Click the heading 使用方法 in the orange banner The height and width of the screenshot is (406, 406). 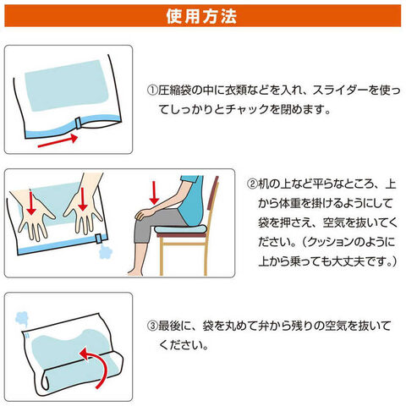click(201, 16)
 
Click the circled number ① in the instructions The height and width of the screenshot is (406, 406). click(152, 90)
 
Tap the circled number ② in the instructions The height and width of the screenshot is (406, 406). click(252, 184)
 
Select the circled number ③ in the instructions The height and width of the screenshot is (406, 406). click(152, 326)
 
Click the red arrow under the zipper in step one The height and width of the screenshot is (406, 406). click(58, 140)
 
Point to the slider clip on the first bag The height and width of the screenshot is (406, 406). click(78, 123)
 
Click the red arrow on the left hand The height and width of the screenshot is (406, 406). click(31, 201)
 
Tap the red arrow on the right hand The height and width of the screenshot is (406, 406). click(83, 199)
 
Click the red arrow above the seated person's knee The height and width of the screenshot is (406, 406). click(154, 193)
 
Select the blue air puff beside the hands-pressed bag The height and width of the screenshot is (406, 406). click(106, 252)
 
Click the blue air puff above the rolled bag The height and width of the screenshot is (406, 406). click(22, 319)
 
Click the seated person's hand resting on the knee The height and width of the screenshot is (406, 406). click(142, 213)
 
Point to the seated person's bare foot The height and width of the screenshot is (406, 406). click(134, 272)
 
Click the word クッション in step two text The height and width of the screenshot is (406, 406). click(329, 242)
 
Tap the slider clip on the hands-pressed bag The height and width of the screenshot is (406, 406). click(98, 239)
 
